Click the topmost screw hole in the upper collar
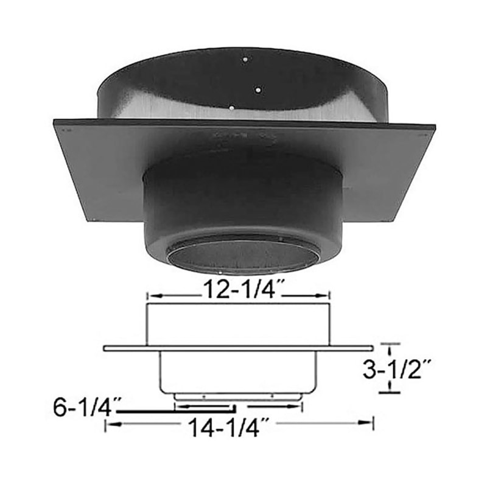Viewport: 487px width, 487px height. coord(243,60)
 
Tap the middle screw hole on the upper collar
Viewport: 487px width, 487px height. coord(258,89)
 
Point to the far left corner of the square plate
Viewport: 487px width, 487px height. coord(55,122)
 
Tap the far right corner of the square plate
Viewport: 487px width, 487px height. coord(434,127)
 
